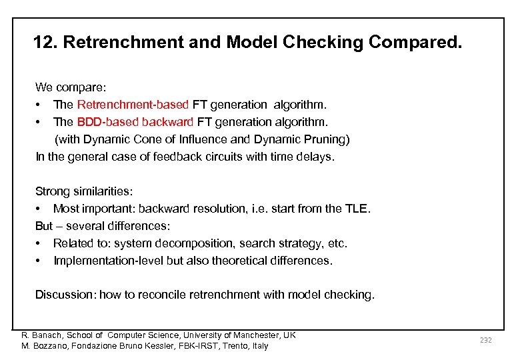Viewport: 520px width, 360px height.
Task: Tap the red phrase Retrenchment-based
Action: point(133,105)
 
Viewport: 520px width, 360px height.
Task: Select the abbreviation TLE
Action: point(355,209)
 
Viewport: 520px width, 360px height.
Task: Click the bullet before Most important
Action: point(40,209)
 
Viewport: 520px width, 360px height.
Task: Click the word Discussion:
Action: point(65,295)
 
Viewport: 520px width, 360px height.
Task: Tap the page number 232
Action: point(485,340)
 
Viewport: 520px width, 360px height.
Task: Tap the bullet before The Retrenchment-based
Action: point(40,105)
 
